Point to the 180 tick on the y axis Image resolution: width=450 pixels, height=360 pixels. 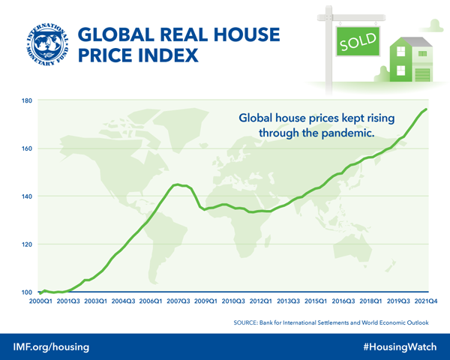pos(27,100)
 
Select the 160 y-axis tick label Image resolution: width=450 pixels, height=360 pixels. pos(27,148)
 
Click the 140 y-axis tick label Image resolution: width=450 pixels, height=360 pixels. pos(27,196)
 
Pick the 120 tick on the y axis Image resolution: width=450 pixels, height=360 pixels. pos(27,244)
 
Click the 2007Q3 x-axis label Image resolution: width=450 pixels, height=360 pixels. pos(178,301)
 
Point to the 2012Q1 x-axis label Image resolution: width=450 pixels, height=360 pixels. pos(260,301)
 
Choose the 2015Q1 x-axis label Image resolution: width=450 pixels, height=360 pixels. pos(315,301)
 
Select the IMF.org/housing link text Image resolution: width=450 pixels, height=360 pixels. pos(52,346)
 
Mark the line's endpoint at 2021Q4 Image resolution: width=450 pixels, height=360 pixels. pos(427,109)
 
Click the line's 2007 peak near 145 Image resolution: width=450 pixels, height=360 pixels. pos(178,184)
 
